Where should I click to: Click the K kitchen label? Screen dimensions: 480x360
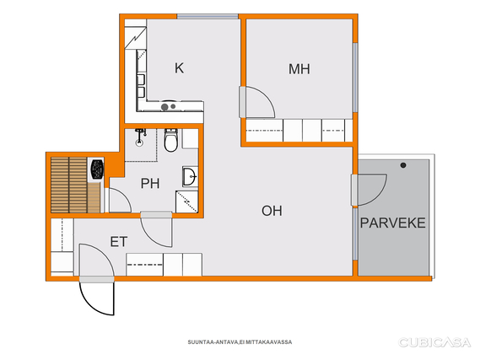pyautogui.click(x=179, y=68)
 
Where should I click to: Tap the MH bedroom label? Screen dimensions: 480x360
pyautogui.click(x=299, y=69)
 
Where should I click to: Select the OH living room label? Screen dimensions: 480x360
pyautogui.click(x=272, y=211)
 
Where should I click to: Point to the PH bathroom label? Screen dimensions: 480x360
pyautogui.click(x=150, y=184)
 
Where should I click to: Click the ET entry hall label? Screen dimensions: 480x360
pyautogui.click(x=119, y=242)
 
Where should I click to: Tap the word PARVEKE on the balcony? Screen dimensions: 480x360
pyautogui.click(x=393, y=223)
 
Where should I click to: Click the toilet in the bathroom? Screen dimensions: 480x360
pyautogui.click(x=170, y=141)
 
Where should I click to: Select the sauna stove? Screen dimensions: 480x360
pyautogui.click(x=97, y=169)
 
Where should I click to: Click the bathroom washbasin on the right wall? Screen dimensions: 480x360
pyautogui.click(x=190, y=176)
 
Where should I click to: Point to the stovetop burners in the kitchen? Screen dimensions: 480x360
pyautogui.click(x=168, y=107)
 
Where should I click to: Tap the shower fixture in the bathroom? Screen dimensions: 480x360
pyautogui.click(x=140, y=137)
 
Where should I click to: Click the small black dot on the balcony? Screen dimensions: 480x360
pyautogui.click(x=403, y=165)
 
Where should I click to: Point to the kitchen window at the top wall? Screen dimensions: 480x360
pyautogui.click(x=208, y=17)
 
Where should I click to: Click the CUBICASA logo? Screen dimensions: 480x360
pyautogui.click(x=434, y=342)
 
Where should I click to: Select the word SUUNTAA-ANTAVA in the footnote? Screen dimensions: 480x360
pyautogui.click(x=213, y=342)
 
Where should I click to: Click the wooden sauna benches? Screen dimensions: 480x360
pyautogui.click(x=75, y=185)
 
